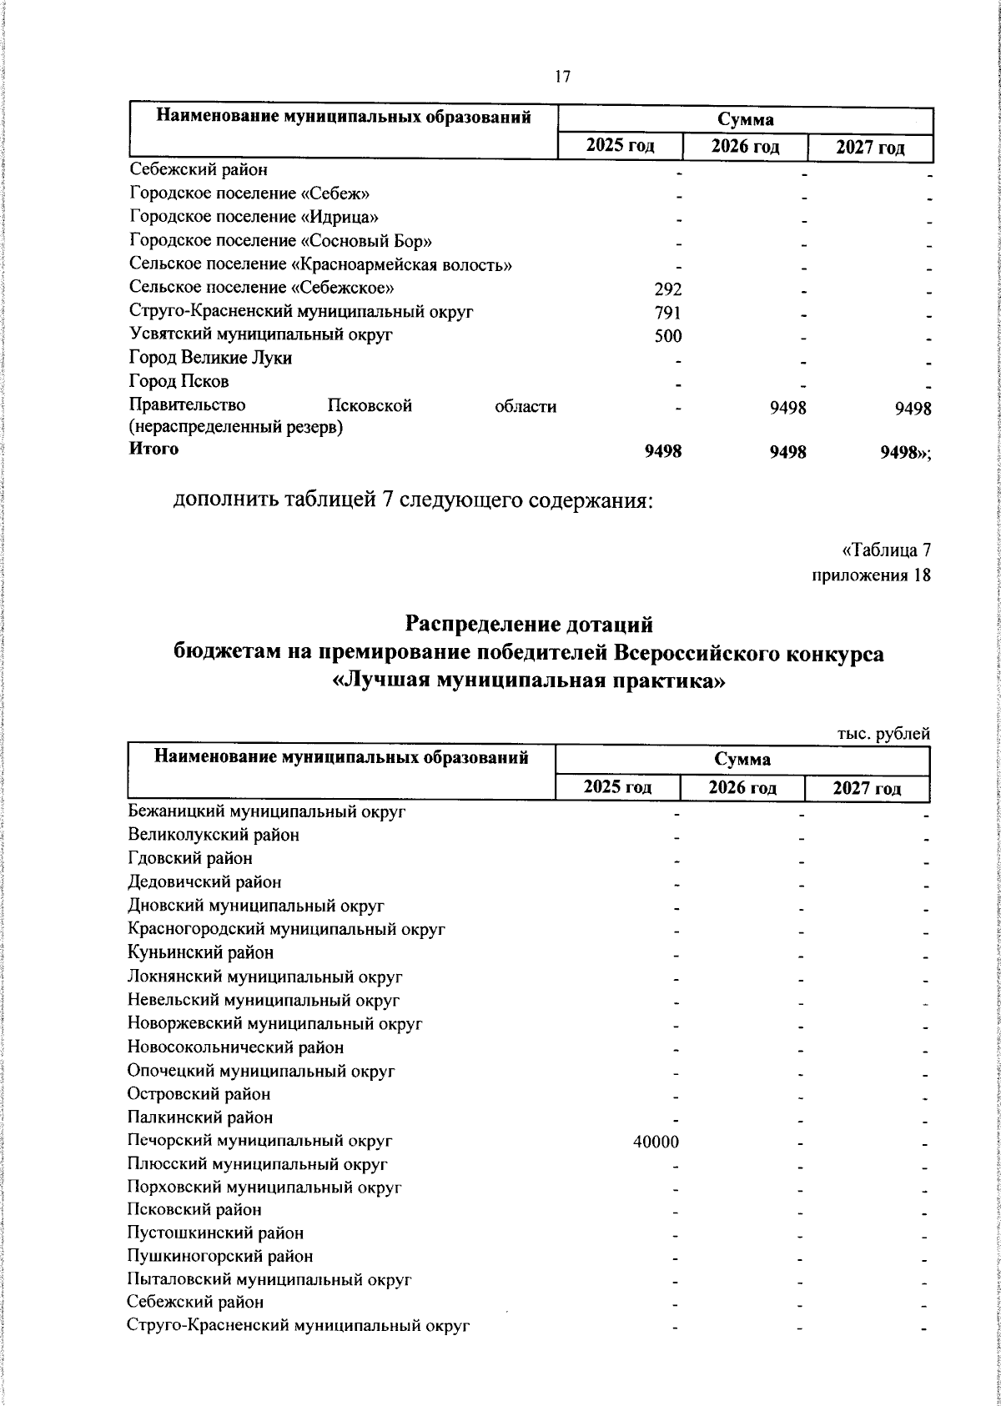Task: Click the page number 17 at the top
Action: pos(562,77)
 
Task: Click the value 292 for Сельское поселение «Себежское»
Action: pos(666,289)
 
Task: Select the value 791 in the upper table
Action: pos(666,313)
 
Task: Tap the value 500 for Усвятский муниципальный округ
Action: pos(666,336)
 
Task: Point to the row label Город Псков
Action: pos(179,382)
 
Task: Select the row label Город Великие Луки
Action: pos(210,358)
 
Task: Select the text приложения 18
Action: pos(871,575)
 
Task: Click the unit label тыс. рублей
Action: pos(883,734)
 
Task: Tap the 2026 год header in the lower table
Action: pos(742,787)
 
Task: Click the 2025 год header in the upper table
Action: pos(620,147)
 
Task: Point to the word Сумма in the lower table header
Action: pos(742,760)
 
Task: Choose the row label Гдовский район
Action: pos(190,858)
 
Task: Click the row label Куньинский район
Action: pos(200,952)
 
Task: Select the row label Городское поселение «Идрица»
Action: pos(255,218)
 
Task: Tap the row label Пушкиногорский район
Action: pos(220,1256)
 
